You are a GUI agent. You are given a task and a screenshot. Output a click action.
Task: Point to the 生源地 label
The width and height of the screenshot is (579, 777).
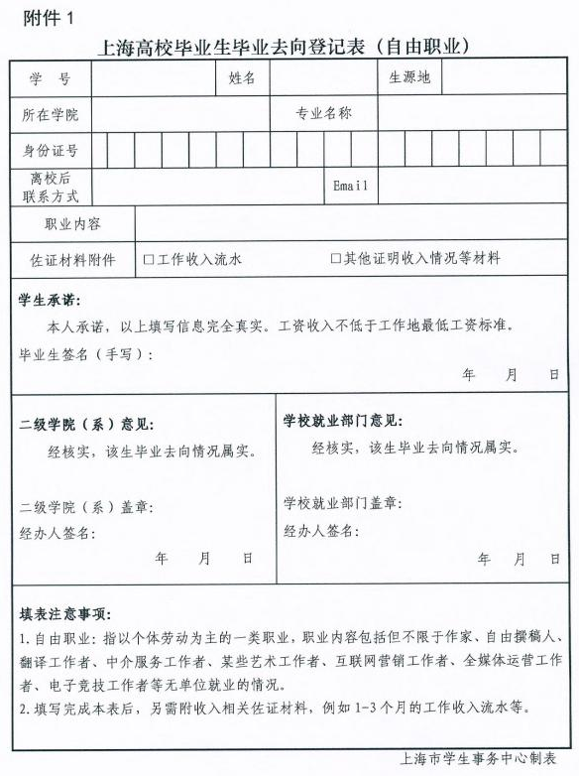pyautogui.click(x=409, y=77)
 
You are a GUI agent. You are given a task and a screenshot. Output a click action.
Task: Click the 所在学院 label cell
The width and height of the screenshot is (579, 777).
pyautogui.click(x=50, y=115)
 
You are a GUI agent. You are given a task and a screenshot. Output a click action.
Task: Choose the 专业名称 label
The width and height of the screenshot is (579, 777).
pyautogui.click(x=323, y=114)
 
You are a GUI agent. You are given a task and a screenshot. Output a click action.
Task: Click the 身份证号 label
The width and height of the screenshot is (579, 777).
pyautogui.click(x=50, y=151)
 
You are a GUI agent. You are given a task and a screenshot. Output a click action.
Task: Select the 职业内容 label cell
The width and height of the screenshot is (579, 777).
pyautogui.click(x=72, y=224)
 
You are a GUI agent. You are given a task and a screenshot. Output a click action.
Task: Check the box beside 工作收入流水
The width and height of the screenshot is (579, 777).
pyautogui.click(x=149, y=260)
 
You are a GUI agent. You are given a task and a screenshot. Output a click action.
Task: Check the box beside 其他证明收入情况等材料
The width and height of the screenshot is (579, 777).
pyautogui.click(x=336, y=259)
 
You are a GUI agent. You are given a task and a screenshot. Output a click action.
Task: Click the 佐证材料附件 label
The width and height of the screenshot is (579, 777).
pyautogui.click(x=72, y=261)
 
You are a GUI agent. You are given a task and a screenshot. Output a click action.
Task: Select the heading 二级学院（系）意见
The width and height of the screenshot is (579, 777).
pyautogui.click(x=86, y=424)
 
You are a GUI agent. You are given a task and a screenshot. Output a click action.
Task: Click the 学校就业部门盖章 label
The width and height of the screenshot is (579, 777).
pyautogui.click(x=342, y=503)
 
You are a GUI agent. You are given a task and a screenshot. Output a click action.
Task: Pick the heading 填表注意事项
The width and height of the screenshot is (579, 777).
pyautogui.click(x=64, y=613)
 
